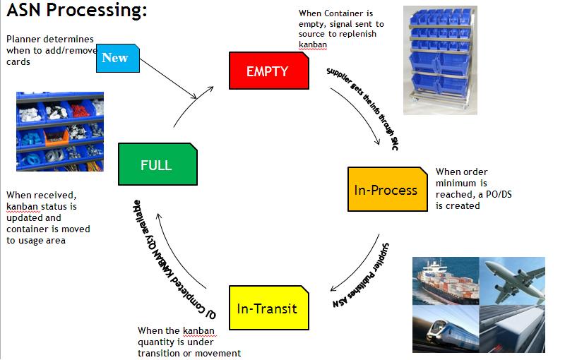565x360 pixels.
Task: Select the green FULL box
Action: click(156, 165)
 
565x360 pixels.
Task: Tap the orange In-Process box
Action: click(386, 190)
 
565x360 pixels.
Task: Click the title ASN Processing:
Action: click(77, 12)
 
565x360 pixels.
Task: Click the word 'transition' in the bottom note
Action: click(161, 353)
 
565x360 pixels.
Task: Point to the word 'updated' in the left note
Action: click(25, 218)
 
